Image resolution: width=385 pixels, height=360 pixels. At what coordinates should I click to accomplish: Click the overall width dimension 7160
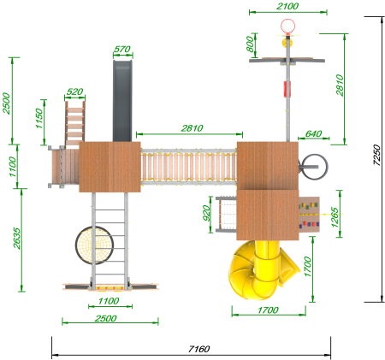199,349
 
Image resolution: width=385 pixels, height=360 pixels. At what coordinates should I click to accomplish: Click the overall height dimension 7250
376,155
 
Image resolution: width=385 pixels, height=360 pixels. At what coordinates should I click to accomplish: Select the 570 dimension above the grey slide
122,50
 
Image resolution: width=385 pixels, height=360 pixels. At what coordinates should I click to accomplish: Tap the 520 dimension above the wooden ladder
74,91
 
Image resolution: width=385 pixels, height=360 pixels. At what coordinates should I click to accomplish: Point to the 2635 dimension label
17,239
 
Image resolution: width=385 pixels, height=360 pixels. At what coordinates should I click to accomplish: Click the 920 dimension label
206,213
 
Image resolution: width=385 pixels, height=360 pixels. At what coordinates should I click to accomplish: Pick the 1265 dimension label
335,217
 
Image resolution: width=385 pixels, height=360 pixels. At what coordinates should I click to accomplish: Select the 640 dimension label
313,133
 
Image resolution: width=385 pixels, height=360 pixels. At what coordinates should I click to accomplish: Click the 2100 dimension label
287,6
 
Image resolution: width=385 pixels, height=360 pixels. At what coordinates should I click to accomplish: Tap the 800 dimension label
250,44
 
